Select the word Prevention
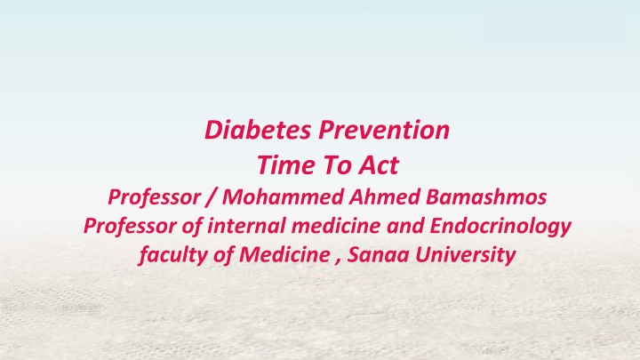(384, 130)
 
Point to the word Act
(379, 165)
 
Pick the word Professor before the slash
(155, 197)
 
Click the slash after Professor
(211, 197)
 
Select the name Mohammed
(283, 196)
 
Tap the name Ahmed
(385, 196)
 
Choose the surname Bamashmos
(486, 196)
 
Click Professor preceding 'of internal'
(130, 226)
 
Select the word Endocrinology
(500, 227)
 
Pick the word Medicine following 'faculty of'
(284, 254)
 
